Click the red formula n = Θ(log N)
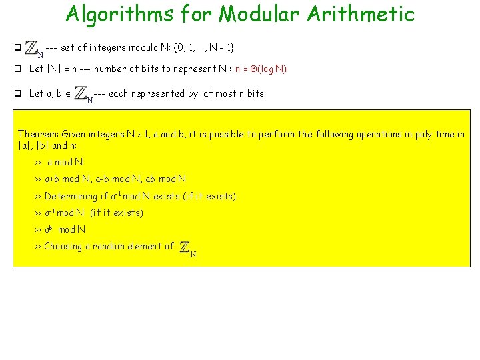[x=261, y=69]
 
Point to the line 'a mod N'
[x=65, y=162]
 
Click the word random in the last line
[x=111, y=246]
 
